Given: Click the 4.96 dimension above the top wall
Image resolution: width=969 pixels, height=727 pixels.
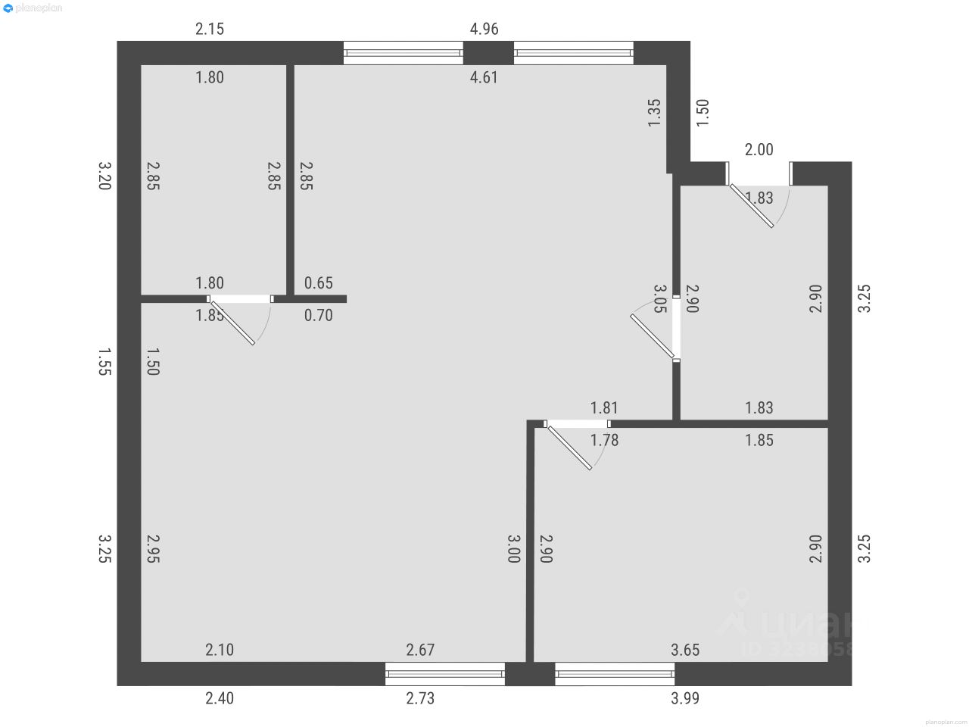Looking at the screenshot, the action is [x=484, y=30].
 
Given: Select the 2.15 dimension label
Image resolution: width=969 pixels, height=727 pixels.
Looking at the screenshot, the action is [x=210, y=30].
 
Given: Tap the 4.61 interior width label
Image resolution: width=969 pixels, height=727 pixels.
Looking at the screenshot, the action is [x=484, y=76].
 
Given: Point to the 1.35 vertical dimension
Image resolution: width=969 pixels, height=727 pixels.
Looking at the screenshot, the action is [x=655, y=113].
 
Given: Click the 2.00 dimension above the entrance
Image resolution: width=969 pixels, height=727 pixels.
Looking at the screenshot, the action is [x=759, y=150].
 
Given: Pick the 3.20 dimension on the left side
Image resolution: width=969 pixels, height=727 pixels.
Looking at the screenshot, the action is [x=105, y=175].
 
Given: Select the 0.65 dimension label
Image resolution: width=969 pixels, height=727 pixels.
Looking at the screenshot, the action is [x=319, y=283].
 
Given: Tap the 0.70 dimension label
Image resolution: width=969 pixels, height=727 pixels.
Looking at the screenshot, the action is [x=319, y=315].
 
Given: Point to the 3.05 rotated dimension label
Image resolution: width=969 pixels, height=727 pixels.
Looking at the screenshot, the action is [x=659, y=298].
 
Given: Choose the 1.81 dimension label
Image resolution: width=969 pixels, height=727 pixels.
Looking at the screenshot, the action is [x=605, y=408].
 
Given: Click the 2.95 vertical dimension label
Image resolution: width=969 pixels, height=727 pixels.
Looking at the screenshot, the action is [x=152, y=549].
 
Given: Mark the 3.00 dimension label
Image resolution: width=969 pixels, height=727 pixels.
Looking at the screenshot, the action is [x=514, y=549].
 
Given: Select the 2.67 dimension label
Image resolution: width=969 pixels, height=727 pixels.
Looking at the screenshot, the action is [x=420, y=650].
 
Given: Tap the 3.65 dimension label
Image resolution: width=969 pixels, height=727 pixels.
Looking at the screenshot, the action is [x=685, y=650].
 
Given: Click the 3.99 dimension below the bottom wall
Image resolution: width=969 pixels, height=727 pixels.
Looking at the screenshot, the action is [x=685, y=698].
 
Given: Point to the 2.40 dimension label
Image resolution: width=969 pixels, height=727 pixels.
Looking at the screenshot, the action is [x=220, y=698].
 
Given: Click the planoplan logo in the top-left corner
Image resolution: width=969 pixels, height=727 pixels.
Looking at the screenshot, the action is [x=33, y=8].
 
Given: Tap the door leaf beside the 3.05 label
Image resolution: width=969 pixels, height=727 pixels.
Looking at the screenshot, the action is [x=652, y=335].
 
